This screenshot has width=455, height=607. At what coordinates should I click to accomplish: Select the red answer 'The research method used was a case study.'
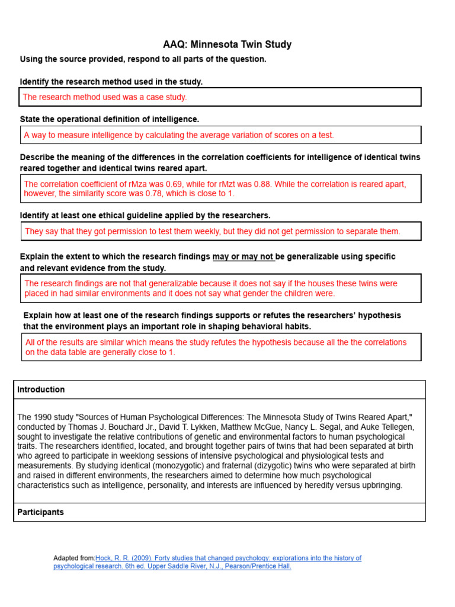coord(105,97)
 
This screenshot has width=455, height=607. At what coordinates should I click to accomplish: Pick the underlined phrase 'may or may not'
coord(243,257)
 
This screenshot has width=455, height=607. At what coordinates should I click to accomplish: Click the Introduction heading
coord(41,389)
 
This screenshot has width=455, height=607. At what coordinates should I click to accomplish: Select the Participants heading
coord(40,512)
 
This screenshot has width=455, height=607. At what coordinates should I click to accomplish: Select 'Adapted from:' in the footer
coord(74,558)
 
